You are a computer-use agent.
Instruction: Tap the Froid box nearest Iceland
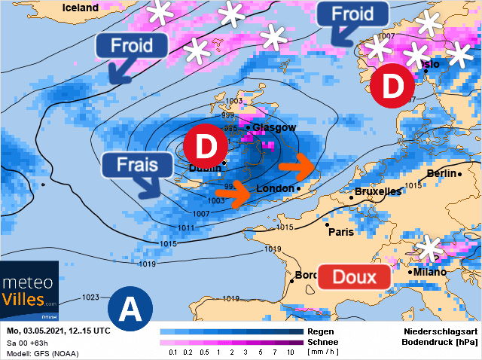point(133,46)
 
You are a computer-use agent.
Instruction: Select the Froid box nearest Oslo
point(352,14)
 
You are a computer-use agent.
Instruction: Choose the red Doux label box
point(354,277)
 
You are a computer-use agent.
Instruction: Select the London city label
point(276,188)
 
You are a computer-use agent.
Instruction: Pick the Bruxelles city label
point(377,191)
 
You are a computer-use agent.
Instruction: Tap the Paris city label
point(340,231)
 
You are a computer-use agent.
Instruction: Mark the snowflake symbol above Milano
point(430,248)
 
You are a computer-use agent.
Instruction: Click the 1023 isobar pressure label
point(90,297)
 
